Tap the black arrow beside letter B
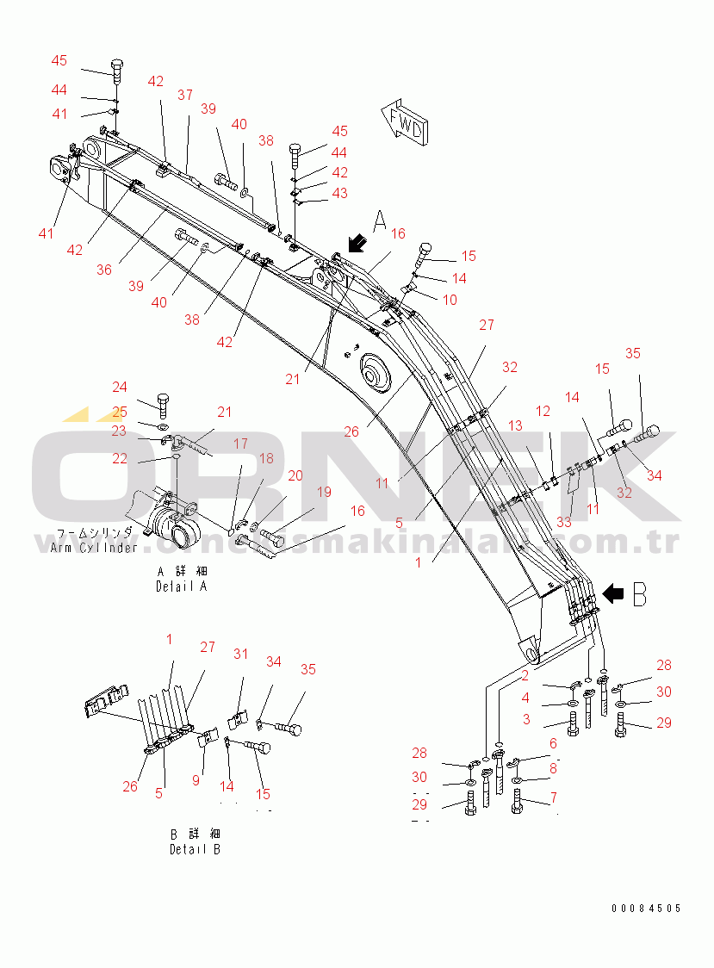pos(614,593)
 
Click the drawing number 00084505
pos(646,909)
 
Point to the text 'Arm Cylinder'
pos(94,548)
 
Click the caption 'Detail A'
pos(182,586)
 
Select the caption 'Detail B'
pos(195,849)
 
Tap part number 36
pos(103,270)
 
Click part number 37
pos(185,95)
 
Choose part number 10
pos(450,300)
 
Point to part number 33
pos(563,521)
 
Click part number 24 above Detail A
pos(119,387)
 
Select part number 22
pos(119,458)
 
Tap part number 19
pos(323,492)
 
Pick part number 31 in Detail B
pos(240,654)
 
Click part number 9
pos(196,780)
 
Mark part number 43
pos(339,193)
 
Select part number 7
pos(553,797)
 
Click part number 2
pos(524,675)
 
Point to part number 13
pos(514,425)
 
